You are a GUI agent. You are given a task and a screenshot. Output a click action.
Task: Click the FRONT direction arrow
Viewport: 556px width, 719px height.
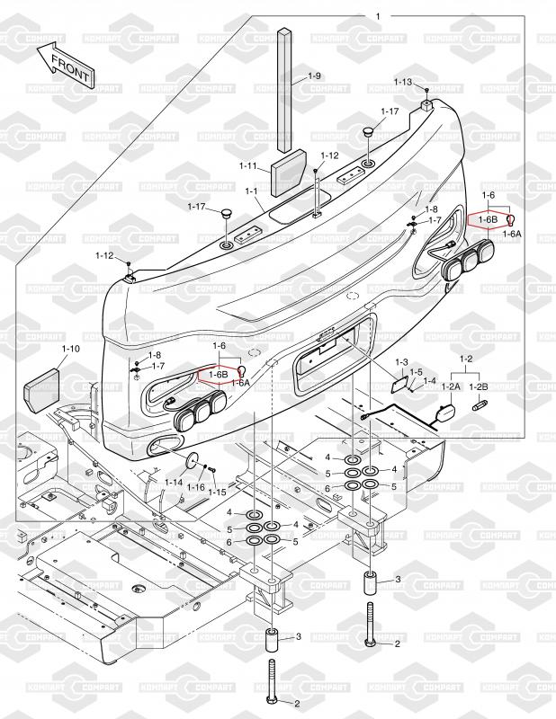coord(66,65)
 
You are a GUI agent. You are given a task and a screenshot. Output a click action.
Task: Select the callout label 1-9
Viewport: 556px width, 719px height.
coord(314,75)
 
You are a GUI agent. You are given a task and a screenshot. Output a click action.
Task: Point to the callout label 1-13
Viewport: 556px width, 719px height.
coord(402,82)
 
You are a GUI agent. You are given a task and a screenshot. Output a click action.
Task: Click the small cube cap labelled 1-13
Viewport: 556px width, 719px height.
coord(426,105)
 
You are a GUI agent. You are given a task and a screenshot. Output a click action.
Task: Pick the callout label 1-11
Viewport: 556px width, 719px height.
coord(248,165)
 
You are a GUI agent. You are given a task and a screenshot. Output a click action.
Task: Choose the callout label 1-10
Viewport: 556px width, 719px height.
coord(70,348)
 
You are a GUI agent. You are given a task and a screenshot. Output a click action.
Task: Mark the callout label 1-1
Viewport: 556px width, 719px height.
coord(251,191)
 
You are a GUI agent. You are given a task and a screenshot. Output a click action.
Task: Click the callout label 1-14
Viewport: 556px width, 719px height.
coord(174,483)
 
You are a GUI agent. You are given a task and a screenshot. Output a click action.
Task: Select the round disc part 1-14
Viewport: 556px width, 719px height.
coord(191,464)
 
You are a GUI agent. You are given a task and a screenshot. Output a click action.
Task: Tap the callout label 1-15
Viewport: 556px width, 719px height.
coord(217,492)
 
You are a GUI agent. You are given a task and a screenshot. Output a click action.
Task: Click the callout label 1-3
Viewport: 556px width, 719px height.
coord(401,361)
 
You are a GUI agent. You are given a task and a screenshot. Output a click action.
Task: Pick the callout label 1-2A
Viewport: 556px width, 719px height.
coord(450,386)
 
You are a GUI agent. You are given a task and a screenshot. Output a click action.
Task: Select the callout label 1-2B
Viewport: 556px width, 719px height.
coord(479,386)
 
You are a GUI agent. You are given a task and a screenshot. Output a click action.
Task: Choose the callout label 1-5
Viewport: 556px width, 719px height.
coord(416,372)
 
